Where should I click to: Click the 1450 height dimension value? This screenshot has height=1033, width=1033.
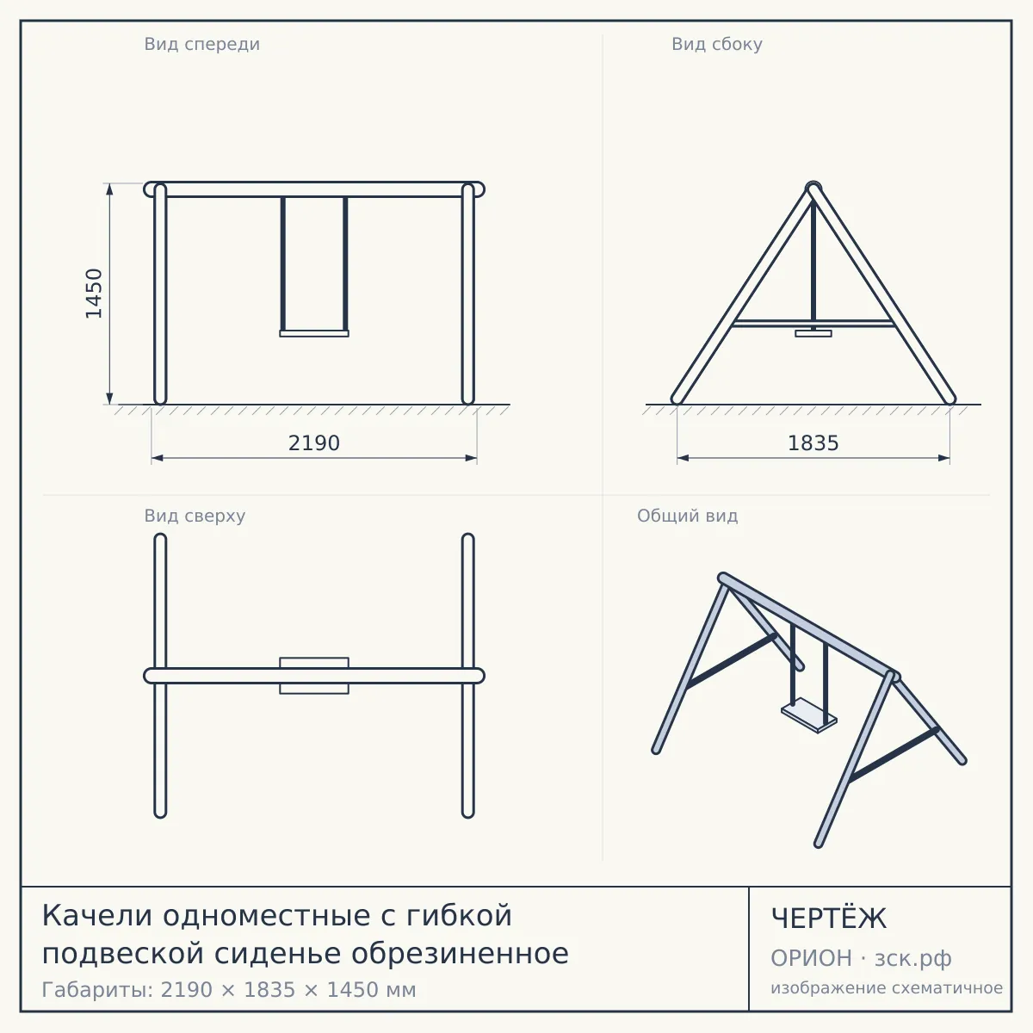(94, 294)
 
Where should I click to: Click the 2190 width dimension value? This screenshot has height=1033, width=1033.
(314, 443)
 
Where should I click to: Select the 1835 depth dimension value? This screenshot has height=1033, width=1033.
(813, 443)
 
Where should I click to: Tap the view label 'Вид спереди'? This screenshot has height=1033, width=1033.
(202, 44)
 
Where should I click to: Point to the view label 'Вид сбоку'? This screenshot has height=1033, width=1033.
(717, 44)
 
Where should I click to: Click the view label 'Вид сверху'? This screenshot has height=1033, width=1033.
(195, 516)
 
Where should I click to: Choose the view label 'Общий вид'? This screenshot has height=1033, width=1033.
(687, 516)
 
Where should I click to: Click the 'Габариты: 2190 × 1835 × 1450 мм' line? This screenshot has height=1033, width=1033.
(229, 990)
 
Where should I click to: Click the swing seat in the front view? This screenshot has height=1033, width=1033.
(314, 333)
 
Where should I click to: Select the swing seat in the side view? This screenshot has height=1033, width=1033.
(813, 333)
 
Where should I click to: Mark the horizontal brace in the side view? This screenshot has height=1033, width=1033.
(813, 323)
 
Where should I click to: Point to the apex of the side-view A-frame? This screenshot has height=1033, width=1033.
(813, 185)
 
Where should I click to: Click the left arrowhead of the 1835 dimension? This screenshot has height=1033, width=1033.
(683, 458)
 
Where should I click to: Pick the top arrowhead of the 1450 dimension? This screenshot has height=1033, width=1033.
(109, 189)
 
